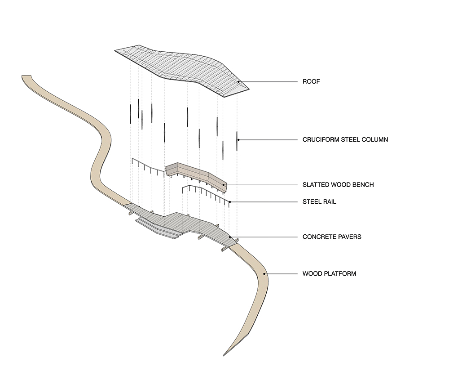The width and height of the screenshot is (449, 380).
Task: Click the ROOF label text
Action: point(311,82)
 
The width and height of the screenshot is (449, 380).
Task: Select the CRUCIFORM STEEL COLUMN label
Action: point(345,139)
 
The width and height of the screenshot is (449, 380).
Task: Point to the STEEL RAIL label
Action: point(319,202)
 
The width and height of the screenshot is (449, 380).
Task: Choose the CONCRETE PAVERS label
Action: point(332,237)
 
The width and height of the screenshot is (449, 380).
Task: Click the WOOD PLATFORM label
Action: point(329,273)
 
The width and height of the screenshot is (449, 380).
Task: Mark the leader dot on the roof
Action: point(239,82)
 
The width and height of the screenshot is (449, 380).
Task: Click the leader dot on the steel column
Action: point(238,140)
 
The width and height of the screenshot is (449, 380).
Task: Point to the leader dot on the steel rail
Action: point(229,202)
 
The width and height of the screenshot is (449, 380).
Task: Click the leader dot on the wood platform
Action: point(264,273)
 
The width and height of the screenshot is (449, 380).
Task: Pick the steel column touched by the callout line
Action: point(237,141)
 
